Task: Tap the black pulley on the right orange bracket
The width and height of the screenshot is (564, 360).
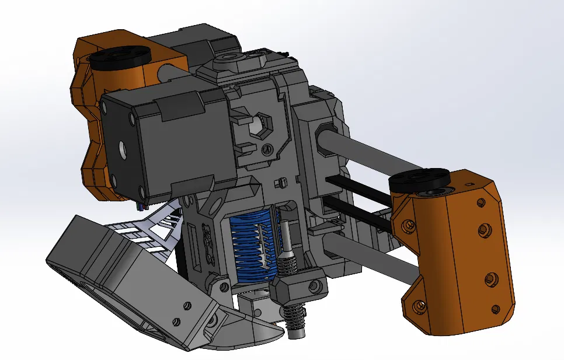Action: click(419, 179)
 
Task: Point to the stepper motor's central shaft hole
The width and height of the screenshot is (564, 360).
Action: click(124, 150)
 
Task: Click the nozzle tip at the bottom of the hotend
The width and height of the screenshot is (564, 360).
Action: click(297, 334)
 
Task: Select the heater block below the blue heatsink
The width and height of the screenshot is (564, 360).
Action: click(298, 286)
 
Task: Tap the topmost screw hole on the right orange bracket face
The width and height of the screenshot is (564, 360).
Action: click(481, 203)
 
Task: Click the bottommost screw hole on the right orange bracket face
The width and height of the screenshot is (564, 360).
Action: click(495, 309)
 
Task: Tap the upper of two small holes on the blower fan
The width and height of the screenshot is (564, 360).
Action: click(187, 304)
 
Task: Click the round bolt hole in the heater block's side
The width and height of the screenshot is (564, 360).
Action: click(315, 285)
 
